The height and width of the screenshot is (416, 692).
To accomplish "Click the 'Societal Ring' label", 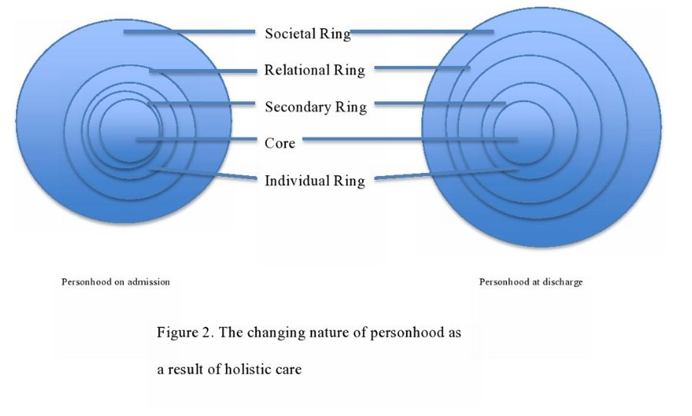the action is (x=308, y=34).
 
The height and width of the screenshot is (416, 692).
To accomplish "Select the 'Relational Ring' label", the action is (x=315, y=70).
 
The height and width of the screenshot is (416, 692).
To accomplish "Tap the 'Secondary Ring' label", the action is (x=316, y=107).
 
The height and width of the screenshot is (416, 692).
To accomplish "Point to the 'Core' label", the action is (x=280, y=143).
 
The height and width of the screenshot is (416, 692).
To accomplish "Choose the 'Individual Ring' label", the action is (x=315, y=181).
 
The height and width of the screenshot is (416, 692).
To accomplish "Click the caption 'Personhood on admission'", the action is (x=116, y=282).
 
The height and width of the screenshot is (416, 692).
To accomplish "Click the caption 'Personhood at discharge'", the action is (x=531, y=282).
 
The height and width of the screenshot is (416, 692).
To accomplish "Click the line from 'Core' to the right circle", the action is (x=410, y=139).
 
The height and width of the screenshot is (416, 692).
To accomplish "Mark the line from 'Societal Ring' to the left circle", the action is (x=189, y=32).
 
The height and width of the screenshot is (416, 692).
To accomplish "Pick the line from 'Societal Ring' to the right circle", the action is (x=422, y=32).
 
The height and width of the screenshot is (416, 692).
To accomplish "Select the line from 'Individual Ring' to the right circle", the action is (x=447, y=175).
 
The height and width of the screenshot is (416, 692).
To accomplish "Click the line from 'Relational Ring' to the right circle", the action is (x=422, y=68).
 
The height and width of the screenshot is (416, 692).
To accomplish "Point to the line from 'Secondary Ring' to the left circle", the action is (x=202, y=103).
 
